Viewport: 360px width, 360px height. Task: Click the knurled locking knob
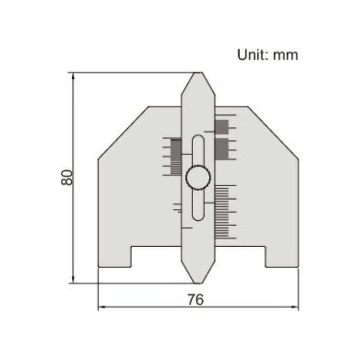198,178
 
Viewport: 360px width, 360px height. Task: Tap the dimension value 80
66,178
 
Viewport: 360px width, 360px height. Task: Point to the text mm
285,55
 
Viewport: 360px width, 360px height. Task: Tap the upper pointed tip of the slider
198,73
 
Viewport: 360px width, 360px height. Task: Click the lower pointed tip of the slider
198,281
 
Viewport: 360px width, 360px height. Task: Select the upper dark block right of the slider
221,126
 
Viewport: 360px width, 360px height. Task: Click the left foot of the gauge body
114,256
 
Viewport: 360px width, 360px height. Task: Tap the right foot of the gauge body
281,256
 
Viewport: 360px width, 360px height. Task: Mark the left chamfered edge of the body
123,132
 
